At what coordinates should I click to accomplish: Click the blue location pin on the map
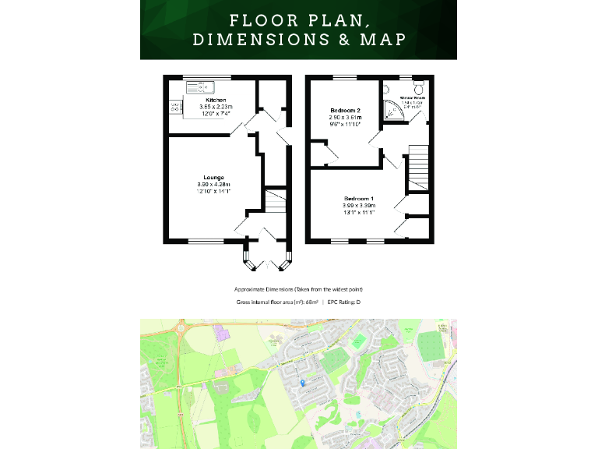302,382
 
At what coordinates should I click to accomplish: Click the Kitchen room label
216,101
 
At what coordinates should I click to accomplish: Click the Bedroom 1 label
359,199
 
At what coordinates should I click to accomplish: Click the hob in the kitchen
175,107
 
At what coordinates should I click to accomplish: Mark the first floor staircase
418,164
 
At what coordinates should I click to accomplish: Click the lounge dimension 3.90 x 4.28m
214,184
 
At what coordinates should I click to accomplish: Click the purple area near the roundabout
223,335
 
